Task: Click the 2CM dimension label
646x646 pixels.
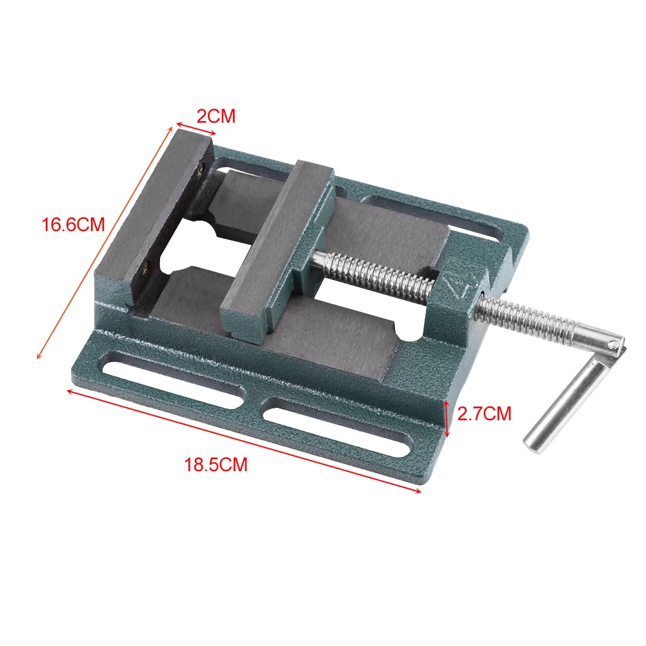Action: click(x=216, y=116)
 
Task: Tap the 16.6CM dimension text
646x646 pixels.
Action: click(x=73, y=225)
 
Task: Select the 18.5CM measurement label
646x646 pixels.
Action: click(x=216, y=465)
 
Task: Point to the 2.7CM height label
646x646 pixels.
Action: click(x=484, y=413)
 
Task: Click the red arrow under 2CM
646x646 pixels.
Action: click(x=196, y=127)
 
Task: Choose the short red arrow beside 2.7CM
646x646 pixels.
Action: click(x=447, y=418)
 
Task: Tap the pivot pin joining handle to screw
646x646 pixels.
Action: click(x=612, y=347)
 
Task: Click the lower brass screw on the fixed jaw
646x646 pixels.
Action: click(x=149, y=263)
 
